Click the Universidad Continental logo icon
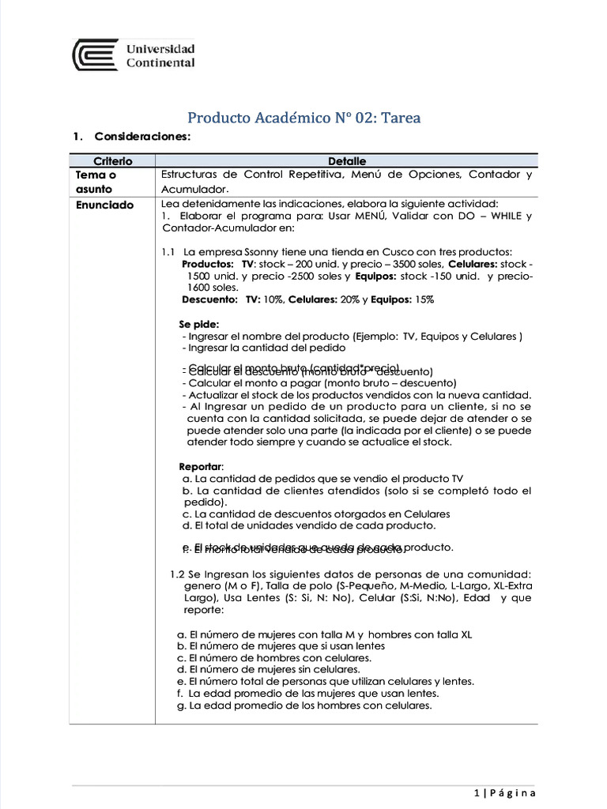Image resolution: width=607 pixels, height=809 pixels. coord(96,55)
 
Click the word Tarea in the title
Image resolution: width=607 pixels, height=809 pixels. coord(401,119)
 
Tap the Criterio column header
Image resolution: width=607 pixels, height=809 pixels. coord(113,161)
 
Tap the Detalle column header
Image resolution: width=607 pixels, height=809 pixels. coord(347,161)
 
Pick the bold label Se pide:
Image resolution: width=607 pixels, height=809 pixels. coord(199,324)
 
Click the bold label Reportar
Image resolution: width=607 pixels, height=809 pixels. coord(201,466)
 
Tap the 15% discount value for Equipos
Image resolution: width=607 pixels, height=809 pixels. coord(424,300)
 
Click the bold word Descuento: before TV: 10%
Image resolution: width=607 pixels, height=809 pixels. coord(209,300)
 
